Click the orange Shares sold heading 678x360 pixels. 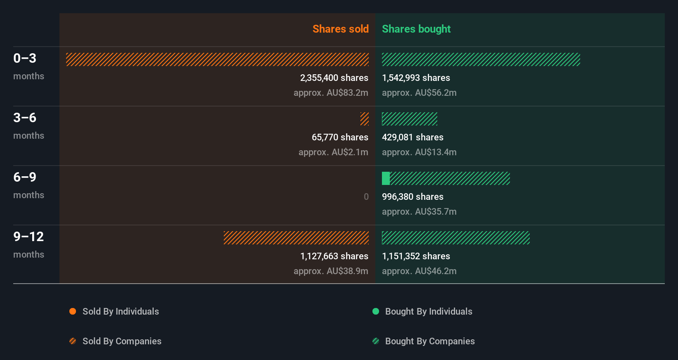pyautogui.click(x=340, y=29)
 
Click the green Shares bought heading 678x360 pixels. pyautogui.click(x=416, y=29)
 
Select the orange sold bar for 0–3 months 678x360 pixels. pyautogui.click(x=217, y=59)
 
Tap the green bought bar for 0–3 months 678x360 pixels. pyautogui.click(x=481, y=59)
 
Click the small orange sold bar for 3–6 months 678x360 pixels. pyautogui.click(x=364, y=119)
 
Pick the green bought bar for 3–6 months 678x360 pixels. pyautogui.click(x=409, y=119)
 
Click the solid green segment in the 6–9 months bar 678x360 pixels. pyautogui.click(x=386, y=178)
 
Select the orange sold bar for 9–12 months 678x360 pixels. pyautogui.click(x=296, y=238)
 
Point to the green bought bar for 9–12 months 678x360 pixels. pyautogui.click(x=455, y=238)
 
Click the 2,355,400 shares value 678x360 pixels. pyautogui.click(x=334, y=78)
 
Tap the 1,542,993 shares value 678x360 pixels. pyautogui.click(x=416, y=78)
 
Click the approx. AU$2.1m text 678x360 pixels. pyautogui.click(x=333, y=152)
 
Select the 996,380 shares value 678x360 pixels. pyautogui.click(x=412, y=197)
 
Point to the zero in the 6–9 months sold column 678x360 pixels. pyautogui.click(x=366, y=197)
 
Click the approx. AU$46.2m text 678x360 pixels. pyautogui.click(x=419, y=271)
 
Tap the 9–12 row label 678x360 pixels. pyautogui.click(x=28, y=237)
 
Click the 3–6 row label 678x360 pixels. pyautogui.click(x=25, y=118)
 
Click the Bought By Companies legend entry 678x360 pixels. pyautogui.click(x=429, y=341)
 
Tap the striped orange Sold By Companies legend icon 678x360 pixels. pyautogui.click(x=73, y=341)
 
